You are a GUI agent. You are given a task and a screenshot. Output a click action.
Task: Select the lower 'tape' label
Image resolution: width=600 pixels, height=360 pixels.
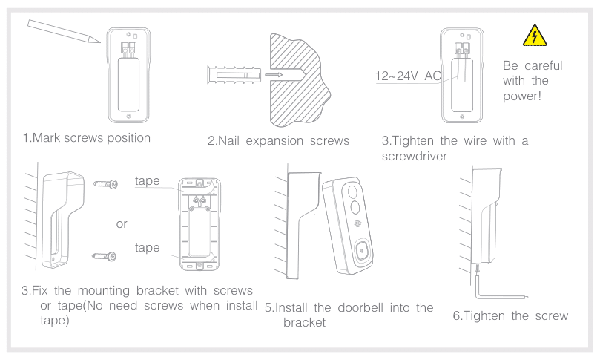[148, 247]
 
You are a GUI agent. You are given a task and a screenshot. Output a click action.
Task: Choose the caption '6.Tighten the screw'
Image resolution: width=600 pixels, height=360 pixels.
[511, 315]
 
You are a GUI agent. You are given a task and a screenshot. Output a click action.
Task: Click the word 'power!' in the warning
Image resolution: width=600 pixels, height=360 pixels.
[524, 96]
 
